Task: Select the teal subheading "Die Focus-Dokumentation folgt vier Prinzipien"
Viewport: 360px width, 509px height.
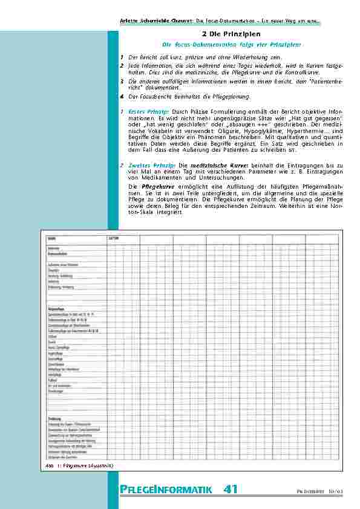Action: [232, 45]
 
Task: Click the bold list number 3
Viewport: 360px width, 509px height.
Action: [122, 80]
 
